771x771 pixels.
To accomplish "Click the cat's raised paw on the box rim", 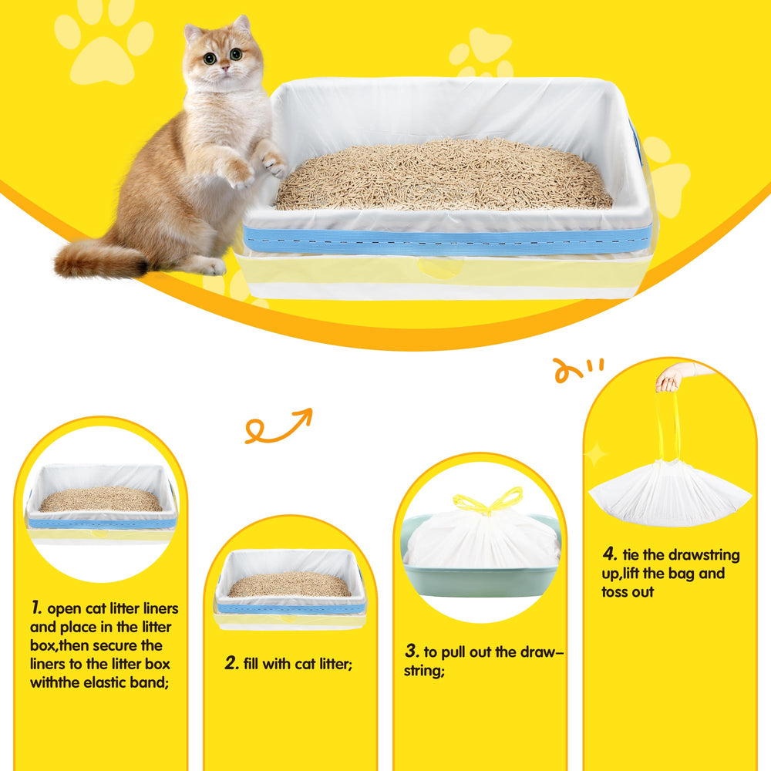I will (x=272, y=162).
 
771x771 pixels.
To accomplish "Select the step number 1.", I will (x=35, y=608).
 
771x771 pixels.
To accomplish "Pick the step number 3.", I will (x=412, y=651).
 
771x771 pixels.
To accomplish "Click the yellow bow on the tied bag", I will (x=487, y=502).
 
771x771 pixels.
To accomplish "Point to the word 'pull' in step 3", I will (x=463, y=652).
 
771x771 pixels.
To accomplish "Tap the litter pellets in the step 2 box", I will (x=290, y=585).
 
